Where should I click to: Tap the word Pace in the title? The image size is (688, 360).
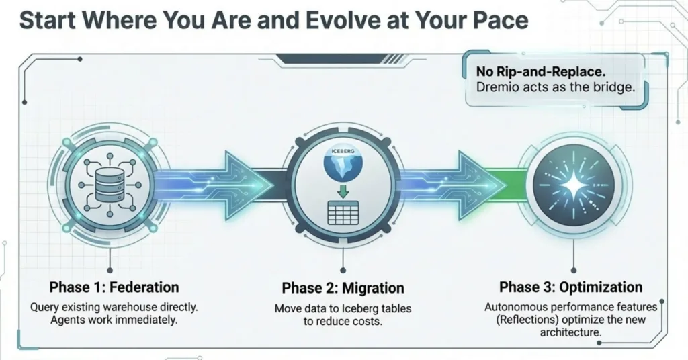(x=499, y=21)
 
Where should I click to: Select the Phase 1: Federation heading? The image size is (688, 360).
(x=114, y=287)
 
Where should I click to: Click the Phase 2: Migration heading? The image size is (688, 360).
(x=343, y=288)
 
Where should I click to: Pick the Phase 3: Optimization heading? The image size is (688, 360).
(x=571, y=287)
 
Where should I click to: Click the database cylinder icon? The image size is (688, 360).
(x=110, y=184)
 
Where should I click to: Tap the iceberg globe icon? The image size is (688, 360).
(x=343, y=164)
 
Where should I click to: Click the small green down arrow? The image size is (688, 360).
(x=343, y=191)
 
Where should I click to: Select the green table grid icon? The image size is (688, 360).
(x=343, y=213)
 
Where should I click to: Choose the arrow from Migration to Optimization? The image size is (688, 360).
(x=456, y=185)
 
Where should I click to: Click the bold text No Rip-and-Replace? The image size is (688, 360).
(x=541, y=71)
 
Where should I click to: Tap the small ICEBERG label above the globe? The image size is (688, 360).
(x=343, y=151)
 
